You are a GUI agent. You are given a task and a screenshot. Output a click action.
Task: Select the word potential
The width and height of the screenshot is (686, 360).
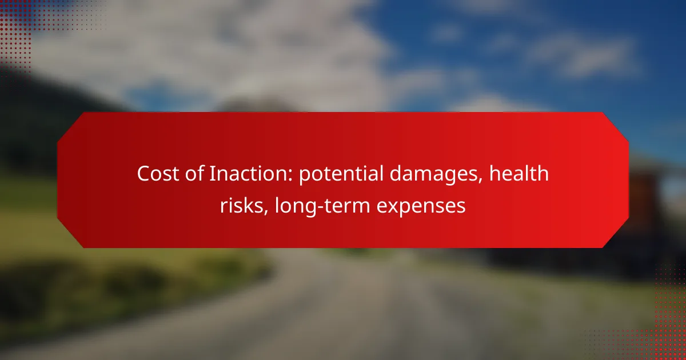pyautogui.click(x=341, y=174)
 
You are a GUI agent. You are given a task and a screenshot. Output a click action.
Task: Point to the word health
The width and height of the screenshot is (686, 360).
pyautogui.click(x=519, y=173)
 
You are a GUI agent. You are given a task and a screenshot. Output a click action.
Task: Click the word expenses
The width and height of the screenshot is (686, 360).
pyautogui.click(x=421, y=207)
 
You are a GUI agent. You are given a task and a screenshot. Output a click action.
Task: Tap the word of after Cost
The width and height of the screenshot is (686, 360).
pyautogui.click(x=195, y=173)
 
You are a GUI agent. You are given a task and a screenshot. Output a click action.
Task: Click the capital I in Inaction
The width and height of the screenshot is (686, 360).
pyautogui.click(x=212, y=174)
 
